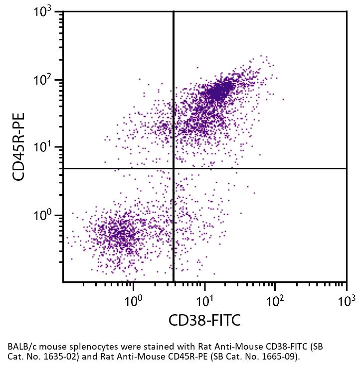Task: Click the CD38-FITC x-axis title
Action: coord(204,320)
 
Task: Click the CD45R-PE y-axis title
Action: coord(19,146)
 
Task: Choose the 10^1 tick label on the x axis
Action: coord(203,301)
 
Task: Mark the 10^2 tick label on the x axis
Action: coord(274,301)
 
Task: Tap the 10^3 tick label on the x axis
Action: coord(346,301)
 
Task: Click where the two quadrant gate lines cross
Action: coord(174,168)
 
